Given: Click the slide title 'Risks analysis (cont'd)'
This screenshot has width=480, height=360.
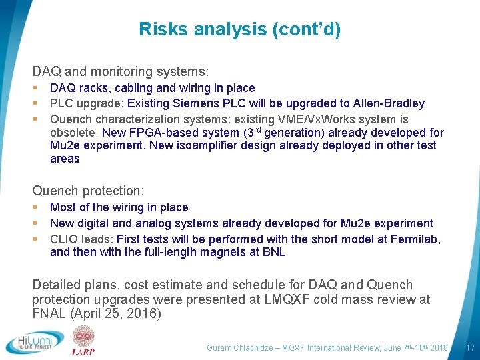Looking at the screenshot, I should click(x=239, y=29).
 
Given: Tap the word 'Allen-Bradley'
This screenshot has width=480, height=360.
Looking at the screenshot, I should click(x=390, y=103).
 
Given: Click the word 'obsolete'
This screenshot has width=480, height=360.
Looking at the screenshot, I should click(x=73, y=133).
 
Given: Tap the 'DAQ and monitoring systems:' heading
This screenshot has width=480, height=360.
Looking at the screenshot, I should click(x=121, y=70).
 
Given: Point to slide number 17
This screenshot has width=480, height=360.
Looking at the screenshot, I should click(x=470, y=347).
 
